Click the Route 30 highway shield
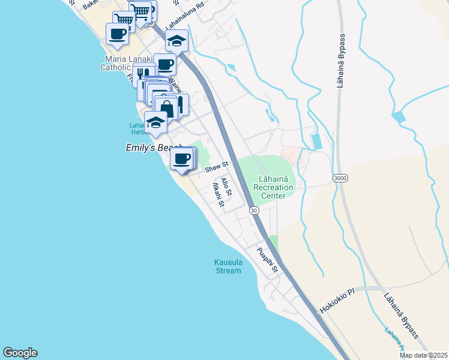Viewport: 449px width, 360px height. pyautogui.click(x=254, y=210)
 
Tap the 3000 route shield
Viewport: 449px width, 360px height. pyautogui.click(x=339, y=178)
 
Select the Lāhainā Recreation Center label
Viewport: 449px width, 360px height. pyautogui.click(x=274, y=187)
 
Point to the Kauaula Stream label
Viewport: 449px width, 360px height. pyautogui.click(x=228, y=266)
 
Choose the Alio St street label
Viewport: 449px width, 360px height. pyautogui.click(x=226, y=187)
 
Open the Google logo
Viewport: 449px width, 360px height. pyautogui.click(x=20, y=353)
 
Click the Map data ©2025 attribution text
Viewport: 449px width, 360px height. pyautogui.click(x=423, y=355)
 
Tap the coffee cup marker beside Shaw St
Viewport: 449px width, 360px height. pyautogui.click(x=181, y=159)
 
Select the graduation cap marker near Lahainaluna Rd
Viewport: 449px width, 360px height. pyautogui.click(x=176, y=41)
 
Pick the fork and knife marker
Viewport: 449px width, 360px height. pyautogui.click(x=143, y=73)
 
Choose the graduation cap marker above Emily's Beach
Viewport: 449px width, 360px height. pyautogui.click(x=155, y=122)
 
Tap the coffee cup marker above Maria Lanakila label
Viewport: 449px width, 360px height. pyautogui.click(x=117, y=34)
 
